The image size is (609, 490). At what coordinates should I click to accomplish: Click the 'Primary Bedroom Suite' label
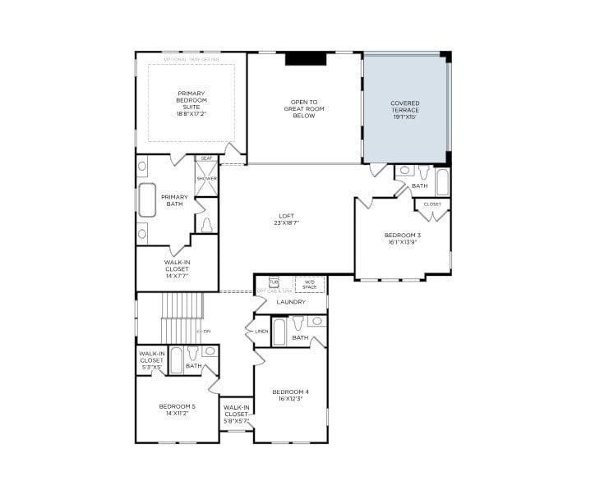click(x=191, y=103)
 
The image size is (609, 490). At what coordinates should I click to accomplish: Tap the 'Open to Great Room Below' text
click(x=304, y=109)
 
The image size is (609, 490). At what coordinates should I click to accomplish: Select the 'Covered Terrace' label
click(x=405, y=110)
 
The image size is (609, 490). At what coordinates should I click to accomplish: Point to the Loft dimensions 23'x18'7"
click(x=286, y=223)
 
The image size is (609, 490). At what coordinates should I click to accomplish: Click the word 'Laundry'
click(x=291, y=302)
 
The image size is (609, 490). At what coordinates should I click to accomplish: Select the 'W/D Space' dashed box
click(x=310, y=284)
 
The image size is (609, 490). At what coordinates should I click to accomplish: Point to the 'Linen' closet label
click(x=261, y=331)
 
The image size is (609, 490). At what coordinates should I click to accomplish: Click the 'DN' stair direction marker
click(x=205, y=331)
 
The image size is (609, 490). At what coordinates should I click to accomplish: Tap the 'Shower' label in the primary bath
click(x=206, y=178)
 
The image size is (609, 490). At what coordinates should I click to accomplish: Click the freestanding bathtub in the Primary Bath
click(x=147, y=199)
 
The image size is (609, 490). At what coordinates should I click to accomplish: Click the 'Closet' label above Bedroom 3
click(x=432, y=204)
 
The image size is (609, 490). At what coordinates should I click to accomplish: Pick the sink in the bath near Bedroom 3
click(x=405, y=171)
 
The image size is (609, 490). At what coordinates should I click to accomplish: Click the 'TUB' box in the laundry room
click(x=275, y=282)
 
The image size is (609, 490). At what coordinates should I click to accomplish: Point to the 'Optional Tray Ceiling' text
click(x=191, y=60)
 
